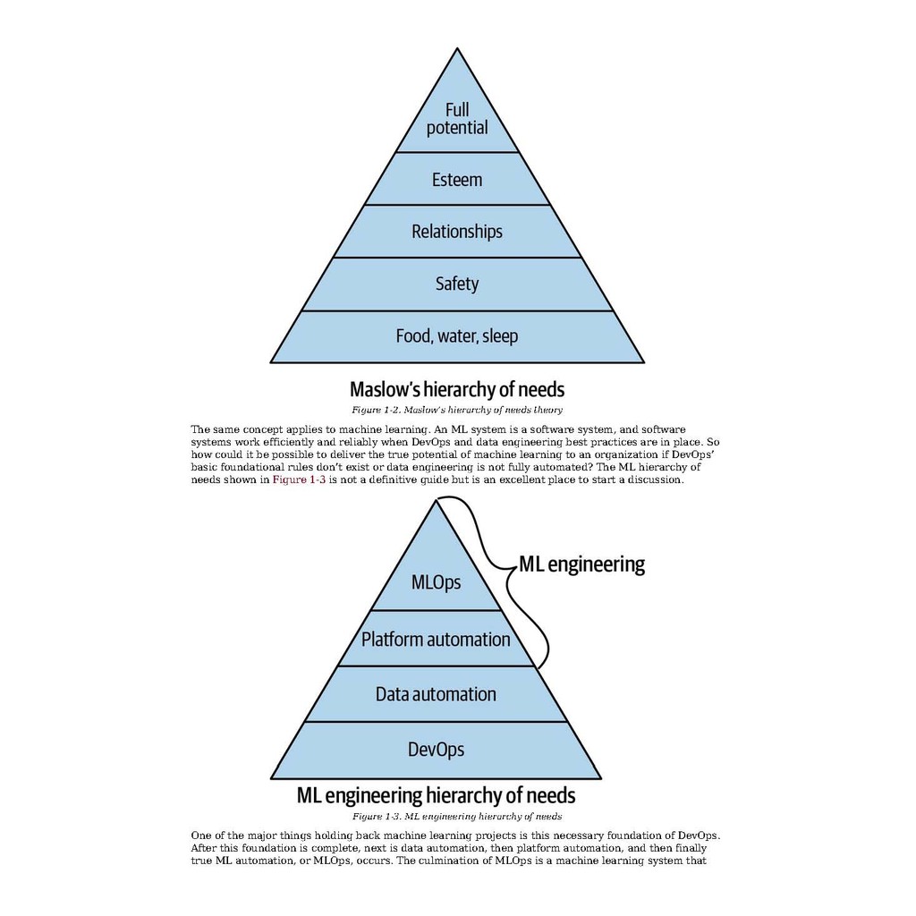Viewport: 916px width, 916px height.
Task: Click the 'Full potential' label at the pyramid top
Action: coord(457,119)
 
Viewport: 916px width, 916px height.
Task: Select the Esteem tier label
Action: coord(457,179)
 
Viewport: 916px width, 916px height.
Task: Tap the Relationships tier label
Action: coord(457,232)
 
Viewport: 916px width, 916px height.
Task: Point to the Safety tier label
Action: coord(457,284)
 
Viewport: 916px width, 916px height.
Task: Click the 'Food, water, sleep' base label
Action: coord(457,336)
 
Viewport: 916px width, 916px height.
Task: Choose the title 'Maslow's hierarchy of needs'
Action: coord(457,389)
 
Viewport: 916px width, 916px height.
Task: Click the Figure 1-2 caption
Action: coord(457,410)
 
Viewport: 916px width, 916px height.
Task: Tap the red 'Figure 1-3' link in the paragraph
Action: coord(299,479)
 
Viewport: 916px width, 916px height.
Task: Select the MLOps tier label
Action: coord(436,582)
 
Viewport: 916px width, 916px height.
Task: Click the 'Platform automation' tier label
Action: coord(436,639)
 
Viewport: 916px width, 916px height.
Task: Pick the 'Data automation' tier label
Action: coord(436,694)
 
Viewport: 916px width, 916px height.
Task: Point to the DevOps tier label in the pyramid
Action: coord(436,750)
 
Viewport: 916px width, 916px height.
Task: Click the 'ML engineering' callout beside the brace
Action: coord(581,564)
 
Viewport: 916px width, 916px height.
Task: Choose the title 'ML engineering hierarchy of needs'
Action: coord(436,795)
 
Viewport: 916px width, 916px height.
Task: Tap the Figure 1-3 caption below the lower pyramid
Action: coord(457,817)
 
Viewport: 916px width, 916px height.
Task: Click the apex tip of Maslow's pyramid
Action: coord(457,49)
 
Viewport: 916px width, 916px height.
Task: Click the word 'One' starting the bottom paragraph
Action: coord(200,835)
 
